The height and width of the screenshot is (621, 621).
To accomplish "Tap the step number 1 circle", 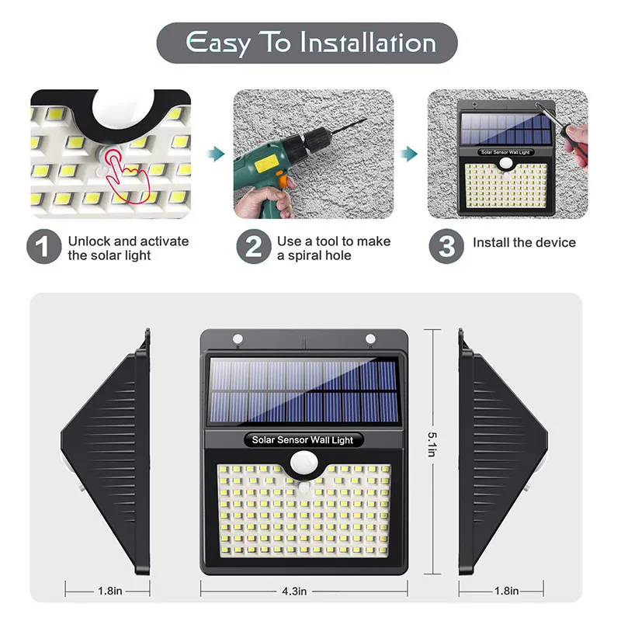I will click(x=43, y=248).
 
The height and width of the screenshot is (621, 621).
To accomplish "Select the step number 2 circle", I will click(x=254, y=248).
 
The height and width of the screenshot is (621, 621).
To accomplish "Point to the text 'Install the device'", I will click(x=524, y=243).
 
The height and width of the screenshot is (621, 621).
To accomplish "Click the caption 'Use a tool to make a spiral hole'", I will click(x=334, y=248).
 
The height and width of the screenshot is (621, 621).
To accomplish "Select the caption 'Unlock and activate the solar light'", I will click(x=128, y=248).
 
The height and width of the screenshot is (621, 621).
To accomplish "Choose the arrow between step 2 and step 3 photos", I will click(x=409, y=152).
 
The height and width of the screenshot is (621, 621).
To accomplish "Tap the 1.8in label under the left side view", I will click(x=109, y=592).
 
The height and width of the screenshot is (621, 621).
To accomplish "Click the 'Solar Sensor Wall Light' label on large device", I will click(x=302, y=440).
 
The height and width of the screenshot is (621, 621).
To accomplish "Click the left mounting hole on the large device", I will click(x=235, y=339).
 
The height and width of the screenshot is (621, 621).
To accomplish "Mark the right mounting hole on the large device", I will click(x=370, y=338).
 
